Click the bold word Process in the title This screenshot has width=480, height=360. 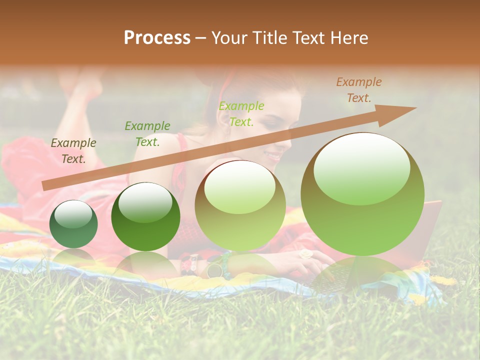coord(157,38)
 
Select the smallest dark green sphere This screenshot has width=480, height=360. coord(73,224)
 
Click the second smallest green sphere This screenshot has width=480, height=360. coord(145,216)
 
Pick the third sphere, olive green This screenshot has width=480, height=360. coord(240,205)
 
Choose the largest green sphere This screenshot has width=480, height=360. coord(362,194)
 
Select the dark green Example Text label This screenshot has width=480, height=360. coord(147,134)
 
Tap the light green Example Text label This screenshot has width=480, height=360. coord(241,113)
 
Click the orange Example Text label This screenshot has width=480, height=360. coord(358,90)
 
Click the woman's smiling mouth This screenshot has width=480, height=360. coord(274,156)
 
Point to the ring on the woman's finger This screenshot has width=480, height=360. coord(305,254)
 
